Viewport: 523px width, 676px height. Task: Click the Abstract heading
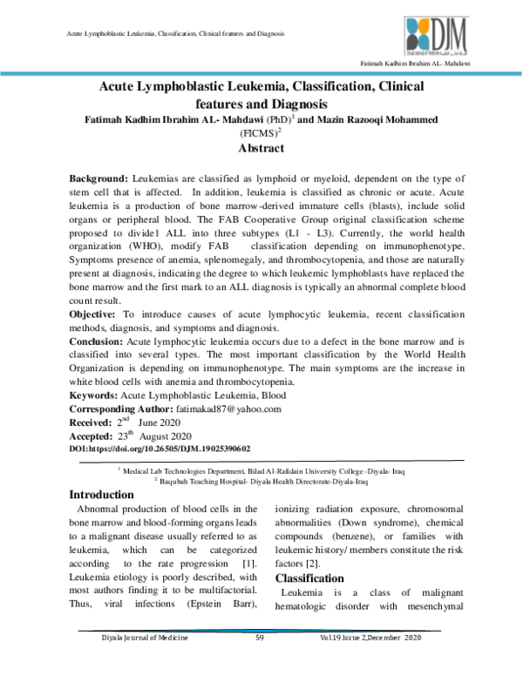[261, 148]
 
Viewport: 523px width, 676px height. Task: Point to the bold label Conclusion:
[98, 341]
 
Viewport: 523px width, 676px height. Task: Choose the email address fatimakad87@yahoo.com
[225, 409]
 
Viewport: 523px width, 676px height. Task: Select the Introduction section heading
[106, 495]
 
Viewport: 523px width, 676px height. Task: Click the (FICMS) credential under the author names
[258, 133]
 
